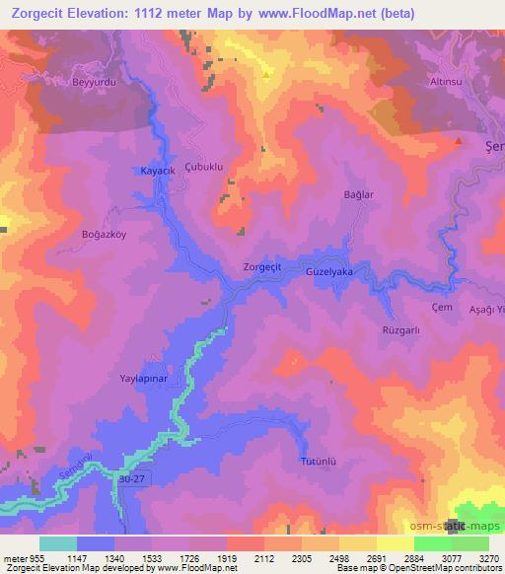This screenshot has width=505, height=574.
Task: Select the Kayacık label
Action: coord(158,171)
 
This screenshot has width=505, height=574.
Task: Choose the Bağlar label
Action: coord(358,195)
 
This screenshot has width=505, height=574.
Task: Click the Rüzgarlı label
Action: coord(401,331)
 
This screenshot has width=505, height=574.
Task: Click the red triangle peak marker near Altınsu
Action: coord(459,141)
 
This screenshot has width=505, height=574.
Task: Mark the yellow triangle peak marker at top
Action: coord(265,72)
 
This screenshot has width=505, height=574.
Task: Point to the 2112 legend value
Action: coord(264,557)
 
